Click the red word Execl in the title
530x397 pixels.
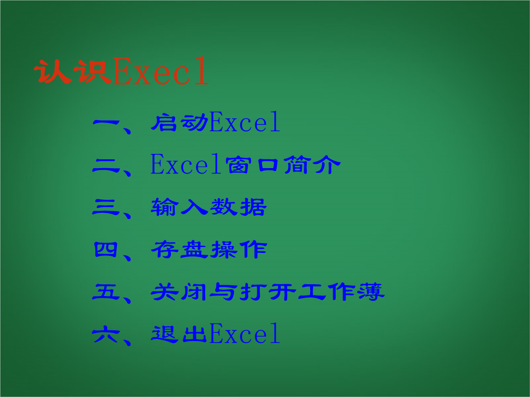point(160,71)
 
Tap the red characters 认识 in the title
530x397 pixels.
point(73,72)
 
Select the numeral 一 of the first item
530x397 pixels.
point(106,123)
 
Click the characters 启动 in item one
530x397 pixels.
point(180,122)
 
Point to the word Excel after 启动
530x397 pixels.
point(245,122)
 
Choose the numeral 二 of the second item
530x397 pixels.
point(106,166)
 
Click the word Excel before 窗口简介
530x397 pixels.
point(185,164)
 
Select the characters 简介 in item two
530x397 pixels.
point(312,165)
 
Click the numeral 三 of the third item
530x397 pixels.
point(106,207)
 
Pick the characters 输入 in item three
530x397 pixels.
point(180,207)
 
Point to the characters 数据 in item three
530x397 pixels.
point(238,207)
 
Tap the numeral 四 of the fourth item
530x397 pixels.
point(106,249)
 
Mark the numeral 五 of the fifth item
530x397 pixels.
point(106,292)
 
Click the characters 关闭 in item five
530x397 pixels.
point(179,292)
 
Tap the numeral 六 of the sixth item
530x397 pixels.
point(106,334)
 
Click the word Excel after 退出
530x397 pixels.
point(245,333)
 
